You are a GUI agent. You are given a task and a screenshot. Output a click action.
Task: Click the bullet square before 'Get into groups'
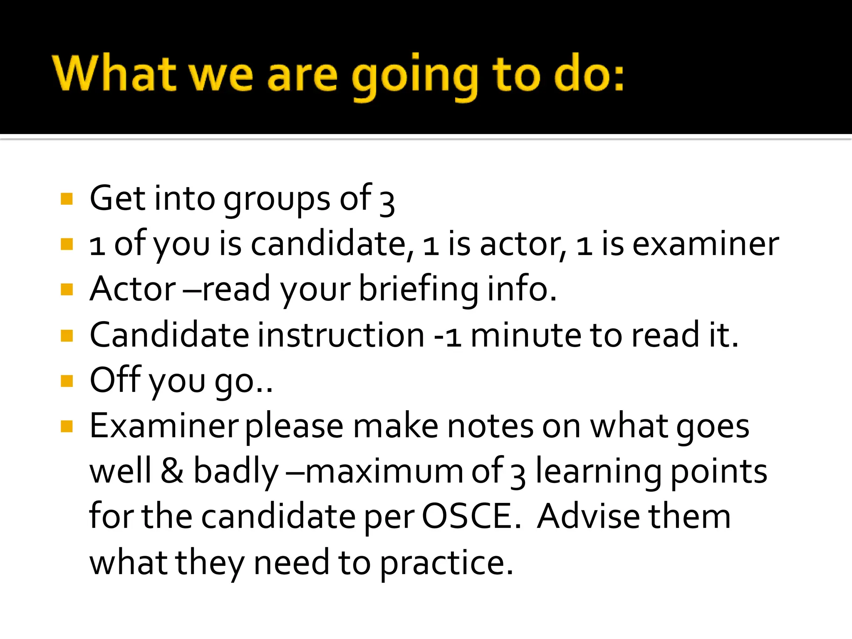click(x=67, y=199)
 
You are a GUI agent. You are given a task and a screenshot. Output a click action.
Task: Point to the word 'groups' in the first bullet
click(x=277, y=200)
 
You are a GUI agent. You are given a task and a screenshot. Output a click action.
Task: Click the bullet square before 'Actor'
click(x=67, y=289)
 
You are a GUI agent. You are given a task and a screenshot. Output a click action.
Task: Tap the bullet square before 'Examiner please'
click(x=67, y=426)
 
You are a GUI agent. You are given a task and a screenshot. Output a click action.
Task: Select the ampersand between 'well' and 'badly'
click(x=172, y=471)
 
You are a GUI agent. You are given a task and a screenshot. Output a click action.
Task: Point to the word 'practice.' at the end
click(x=447, y=562)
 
